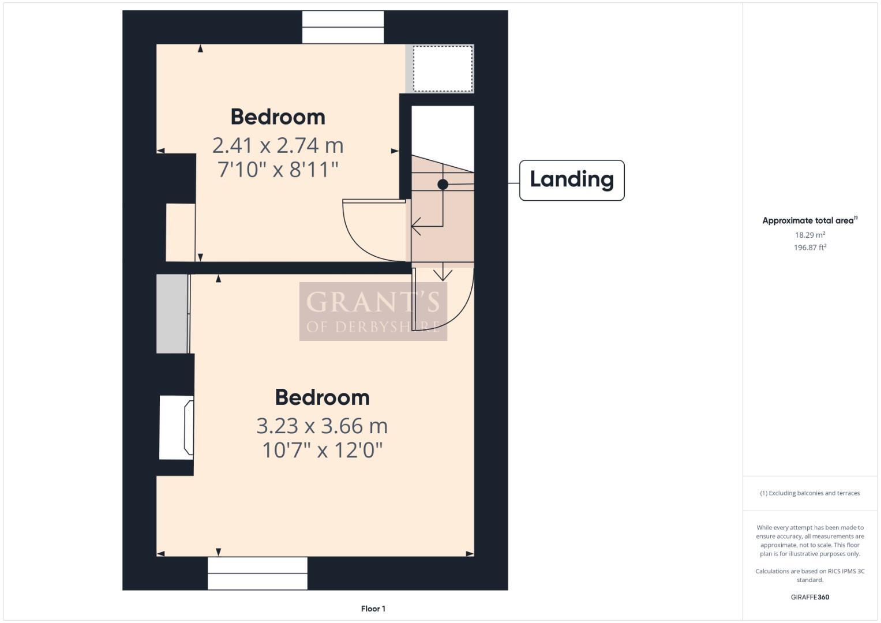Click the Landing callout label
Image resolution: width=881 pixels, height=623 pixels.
(571, 180)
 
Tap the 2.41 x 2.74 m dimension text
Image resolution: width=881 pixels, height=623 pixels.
(278, 145)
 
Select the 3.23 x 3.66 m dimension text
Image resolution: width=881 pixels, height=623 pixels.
(322, 426)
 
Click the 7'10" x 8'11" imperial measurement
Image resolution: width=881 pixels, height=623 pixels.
(278, 170)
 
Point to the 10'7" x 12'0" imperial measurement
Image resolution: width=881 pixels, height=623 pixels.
(322, 450)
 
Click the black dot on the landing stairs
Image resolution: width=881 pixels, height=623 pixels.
(443, 185)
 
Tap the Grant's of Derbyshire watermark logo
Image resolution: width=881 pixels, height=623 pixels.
(373, 311)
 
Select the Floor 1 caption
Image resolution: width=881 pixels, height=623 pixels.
(373, 609)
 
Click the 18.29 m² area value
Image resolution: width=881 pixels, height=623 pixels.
(809, 235)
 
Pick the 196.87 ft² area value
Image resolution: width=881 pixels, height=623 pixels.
(809, 247)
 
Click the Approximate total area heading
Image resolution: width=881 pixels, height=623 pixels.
(809, 220)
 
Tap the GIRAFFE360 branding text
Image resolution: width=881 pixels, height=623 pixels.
(809, 597)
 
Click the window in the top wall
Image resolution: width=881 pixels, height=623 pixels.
(343, 27)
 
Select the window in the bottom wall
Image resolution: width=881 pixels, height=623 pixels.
(257, 573)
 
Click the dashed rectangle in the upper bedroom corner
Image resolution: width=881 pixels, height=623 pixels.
(443, 69)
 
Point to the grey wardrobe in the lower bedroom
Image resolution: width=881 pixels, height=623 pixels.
(172, 314)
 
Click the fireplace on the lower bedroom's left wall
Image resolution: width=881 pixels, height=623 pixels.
(177, 427)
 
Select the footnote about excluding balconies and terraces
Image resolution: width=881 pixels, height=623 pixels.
(809, 493)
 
